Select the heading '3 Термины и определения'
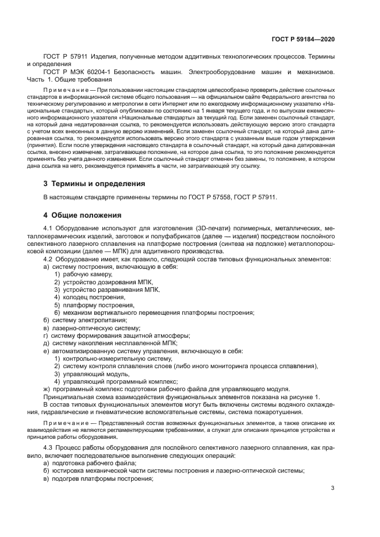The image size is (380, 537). (x=95, y=184)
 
